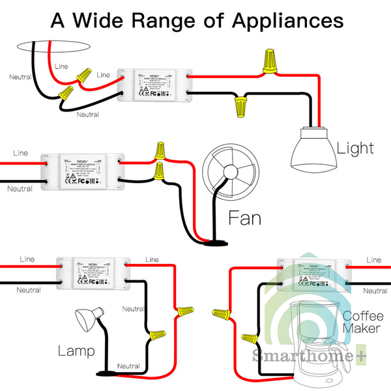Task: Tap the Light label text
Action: (x=355, y=148)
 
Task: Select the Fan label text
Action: (x=244, y=218)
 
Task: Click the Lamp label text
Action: (x=76, y=352)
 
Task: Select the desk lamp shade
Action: (x=87, y=318)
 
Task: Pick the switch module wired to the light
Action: (x=156, y=87)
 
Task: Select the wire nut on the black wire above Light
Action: (x=241, y=104)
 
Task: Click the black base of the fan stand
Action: (x=214, y=243)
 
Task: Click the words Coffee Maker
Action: (x=361, y=323)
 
